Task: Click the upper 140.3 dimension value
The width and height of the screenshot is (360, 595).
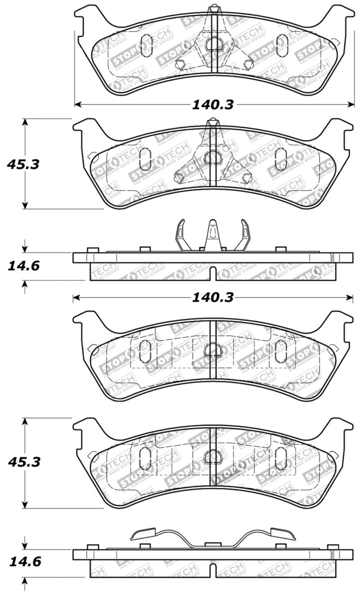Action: pos(213,104)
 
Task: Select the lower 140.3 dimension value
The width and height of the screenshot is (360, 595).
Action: pos(213,297)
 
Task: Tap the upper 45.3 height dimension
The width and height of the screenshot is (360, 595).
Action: pos(23,164)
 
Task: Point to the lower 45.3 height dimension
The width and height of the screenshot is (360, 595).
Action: pos(23,462)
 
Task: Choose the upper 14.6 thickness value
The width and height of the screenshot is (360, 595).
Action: pos(23,266)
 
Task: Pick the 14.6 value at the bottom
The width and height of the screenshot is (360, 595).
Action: pos(24,562)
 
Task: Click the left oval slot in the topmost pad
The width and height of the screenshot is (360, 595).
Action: pos(147,45)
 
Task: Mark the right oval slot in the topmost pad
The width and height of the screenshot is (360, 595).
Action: pos(282,45)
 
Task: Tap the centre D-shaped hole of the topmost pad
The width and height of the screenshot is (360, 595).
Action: pos(214,44)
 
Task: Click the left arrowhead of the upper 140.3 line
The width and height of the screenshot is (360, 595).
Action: pos(77,104)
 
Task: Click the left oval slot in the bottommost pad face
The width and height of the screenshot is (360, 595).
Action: pos(145,458)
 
